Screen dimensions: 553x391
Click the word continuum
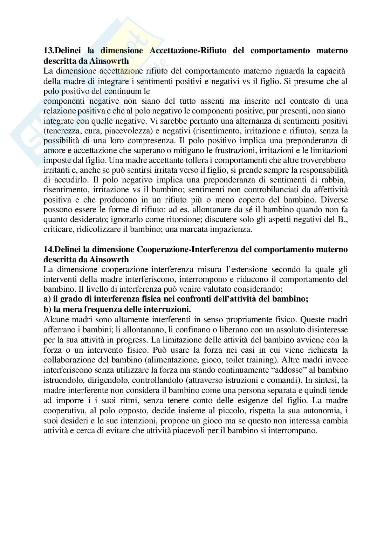coord(116,91)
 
